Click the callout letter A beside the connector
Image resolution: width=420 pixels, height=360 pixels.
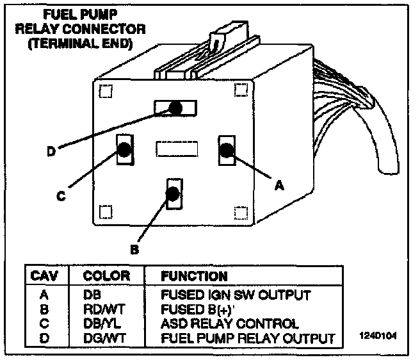point(279,185)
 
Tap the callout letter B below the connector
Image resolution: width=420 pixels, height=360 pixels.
point(134,249)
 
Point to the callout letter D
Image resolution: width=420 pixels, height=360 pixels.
point(51,152)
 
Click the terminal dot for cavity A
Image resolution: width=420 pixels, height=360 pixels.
point(227,150)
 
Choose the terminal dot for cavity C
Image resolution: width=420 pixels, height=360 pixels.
point(124,150)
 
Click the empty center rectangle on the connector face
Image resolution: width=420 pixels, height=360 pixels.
point(175,149)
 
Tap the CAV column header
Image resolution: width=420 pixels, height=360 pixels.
point(45,276)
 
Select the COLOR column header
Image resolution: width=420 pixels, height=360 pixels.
point(107,276)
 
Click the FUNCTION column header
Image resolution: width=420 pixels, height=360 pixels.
point(195,276)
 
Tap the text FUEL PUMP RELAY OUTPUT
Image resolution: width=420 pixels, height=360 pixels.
point(248,337)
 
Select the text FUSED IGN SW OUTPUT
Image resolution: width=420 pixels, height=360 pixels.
point(236,295)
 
